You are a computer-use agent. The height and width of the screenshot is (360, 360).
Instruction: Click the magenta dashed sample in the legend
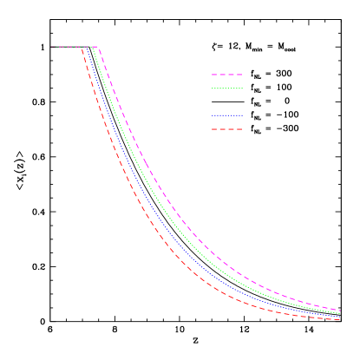[226, 75]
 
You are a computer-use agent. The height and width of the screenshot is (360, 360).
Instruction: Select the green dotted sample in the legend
[226, 88]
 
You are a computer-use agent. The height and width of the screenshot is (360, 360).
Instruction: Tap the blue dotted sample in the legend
[226, 115]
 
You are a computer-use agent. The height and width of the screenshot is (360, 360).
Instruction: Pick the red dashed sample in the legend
[226, 129]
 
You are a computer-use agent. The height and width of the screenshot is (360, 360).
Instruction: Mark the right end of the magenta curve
[340, 310]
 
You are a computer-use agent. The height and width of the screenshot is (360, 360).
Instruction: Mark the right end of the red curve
[340, 319]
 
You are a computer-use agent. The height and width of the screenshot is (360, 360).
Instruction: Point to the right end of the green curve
[340, 312]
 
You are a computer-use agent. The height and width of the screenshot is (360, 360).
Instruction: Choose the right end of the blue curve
[340, 316]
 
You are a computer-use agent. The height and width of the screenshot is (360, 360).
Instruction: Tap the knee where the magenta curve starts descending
[98, 47]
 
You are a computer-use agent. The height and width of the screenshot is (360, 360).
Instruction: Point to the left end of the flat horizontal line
[51, 47]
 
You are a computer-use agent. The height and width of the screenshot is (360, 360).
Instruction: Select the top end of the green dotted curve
[93, 47]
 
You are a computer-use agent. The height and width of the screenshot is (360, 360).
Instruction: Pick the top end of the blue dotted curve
[88, 47]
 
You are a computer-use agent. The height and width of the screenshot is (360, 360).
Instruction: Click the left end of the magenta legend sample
[212, 75]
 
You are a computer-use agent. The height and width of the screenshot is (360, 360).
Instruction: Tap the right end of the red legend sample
[242, 129]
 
